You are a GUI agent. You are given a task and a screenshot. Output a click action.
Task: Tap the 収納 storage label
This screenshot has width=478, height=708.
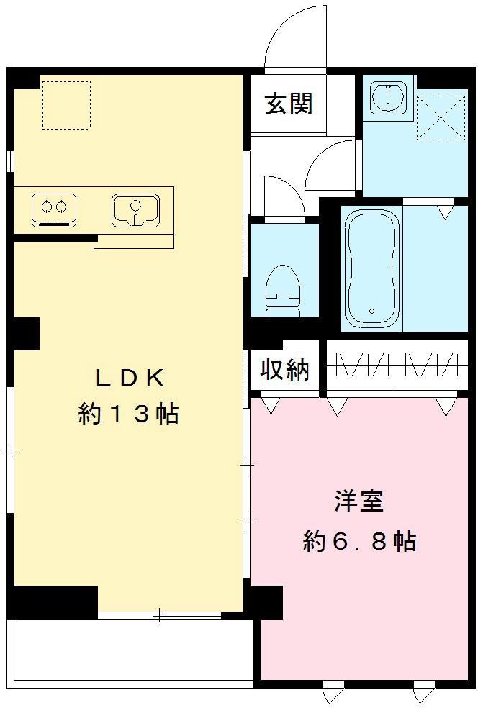pos(284,370)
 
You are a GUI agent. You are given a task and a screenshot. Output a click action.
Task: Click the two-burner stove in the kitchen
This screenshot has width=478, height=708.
pos(54,209)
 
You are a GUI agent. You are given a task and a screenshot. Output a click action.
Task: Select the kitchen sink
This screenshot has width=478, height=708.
pos(135,209)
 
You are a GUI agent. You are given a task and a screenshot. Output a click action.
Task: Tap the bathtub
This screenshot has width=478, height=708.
pos(371,268)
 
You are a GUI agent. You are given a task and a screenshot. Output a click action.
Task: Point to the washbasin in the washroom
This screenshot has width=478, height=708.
pos(389,99)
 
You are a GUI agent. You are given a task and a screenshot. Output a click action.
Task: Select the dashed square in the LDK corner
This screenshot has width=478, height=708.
pos(66,105)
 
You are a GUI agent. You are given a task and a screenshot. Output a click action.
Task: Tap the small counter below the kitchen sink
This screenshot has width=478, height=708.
pos(134,241)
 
